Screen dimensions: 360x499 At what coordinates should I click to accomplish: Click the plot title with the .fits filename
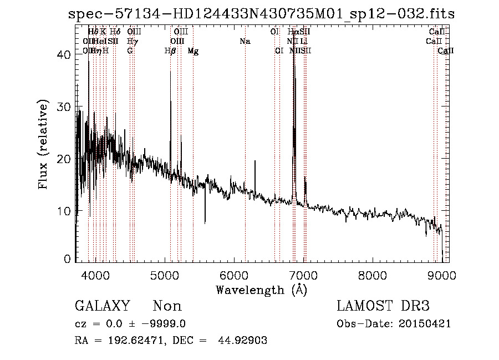(261, 14)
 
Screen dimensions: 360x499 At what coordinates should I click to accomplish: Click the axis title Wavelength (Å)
(261, 290)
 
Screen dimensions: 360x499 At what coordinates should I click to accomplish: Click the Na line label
(245, 42)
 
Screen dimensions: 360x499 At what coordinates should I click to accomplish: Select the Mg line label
(193, 51)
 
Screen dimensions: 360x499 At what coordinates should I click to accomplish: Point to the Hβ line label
(170, 51)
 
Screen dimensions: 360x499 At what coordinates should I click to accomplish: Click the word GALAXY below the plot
(103, 306)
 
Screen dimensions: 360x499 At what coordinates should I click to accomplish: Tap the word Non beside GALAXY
(167, 306)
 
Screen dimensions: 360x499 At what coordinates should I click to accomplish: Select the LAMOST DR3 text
(383, 306)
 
